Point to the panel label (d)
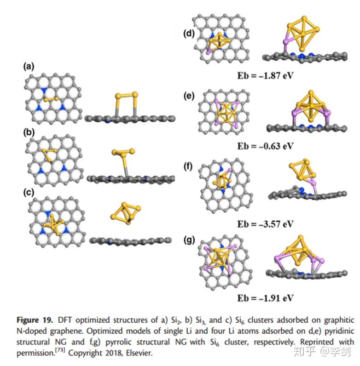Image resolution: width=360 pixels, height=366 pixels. click(x=189, y=34)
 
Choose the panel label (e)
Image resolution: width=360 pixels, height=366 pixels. click(x=189, y=96)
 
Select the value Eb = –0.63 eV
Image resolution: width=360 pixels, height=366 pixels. click(x=265, y=146)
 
